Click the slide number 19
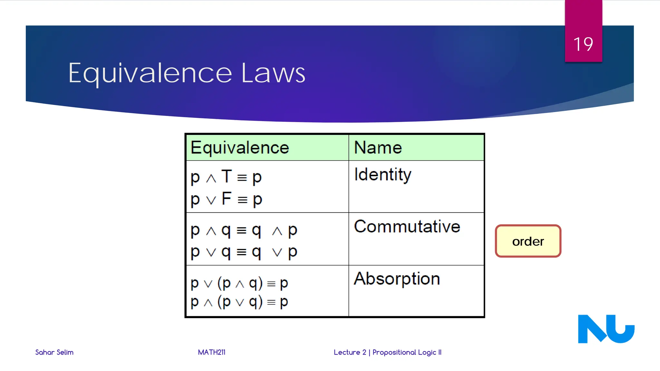tap(583, 44)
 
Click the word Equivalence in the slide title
tap(150, 73)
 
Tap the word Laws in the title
tap(273, 73)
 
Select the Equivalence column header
tap(240, 148)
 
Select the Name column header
tap(378, 148)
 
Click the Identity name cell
tap(383, 175)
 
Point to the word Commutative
tap(407, 226)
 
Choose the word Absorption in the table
tap(397, 279)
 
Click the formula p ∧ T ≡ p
tap(226, 177)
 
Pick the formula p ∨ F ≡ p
tap(226, 199)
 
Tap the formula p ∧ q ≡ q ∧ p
tap(244, 230)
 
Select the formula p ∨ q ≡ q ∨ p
tap(244, 252)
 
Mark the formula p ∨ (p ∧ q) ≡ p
tap(239, 283)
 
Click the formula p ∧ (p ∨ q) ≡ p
tap(239, 302)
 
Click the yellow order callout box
tap(528, 241)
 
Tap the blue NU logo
tap(606, 329)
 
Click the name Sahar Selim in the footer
tap(54, 352)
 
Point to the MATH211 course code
tap(211, 352)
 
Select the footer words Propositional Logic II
tap(407, 352)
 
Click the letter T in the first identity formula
tap(227, 176)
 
